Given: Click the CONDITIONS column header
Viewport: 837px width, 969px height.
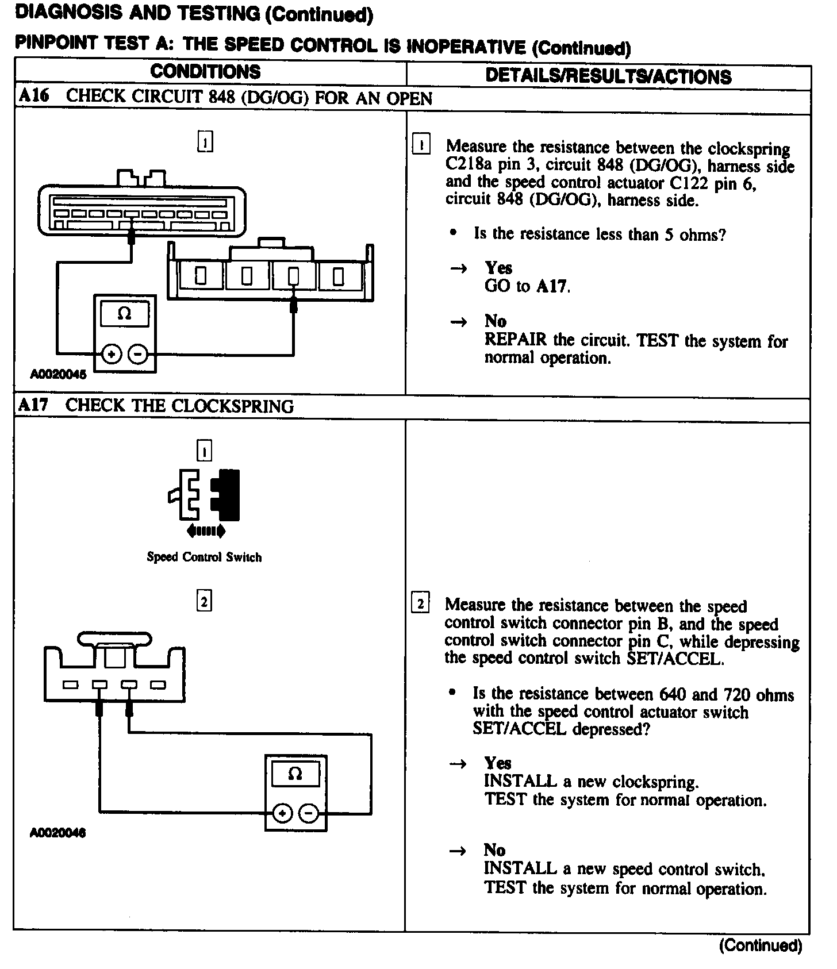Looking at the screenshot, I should click(x=205, y=72).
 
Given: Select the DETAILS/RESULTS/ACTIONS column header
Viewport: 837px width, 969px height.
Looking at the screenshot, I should click(x=608, y=76).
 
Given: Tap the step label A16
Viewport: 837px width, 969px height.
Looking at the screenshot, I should click(x=33, y=97).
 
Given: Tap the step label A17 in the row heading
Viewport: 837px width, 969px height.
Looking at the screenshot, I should click(x=33, y=405).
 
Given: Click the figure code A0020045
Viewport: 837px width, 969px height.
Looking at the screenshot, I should click(x=58, y=375).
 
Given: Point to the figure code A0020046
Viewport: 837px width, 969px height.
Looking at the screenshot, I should click(x=57, y=833).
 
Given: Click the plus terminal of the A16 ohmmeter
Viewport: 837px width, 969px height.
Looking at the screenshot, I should click(x=112, y=354).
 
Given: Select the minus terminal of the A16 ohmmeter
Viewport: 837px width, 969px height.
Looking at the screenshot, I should click(x=138, y=354).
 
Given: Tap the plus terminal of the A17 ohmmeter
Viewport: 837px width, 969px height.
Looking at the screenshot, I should click(x=282, y=813).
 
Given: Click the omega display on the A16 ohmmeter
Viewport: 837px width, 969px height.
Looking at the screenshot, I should click(x=124, y=314).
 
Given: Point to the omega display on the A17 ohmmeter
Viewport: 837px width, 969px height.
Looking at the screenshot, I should click(x=295, y=774).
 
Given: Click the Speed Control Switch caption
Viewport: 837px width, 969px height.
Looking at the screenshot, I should click(x=204, y=557).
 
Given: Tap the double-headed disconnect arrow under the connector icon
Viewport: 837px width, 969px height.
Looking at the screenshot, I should click(x=205, y=532).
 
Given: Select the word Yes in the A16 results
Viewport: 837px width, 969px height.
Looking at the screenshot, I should click(x=498, y=268).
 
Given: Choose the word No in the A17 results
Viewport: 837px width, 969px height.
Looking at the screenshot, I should click(x=494, y=850).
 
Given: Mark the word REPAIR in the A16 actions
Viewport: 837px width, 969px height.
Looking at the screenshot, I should click(x=516, y=340).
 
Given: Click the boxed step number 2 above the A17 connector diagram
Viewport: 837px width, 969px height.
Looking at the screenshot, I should click(x=204, y=602).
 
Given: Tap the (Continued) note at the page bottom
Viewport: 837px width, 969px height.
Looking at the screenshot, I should click(x=760, y=946).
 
